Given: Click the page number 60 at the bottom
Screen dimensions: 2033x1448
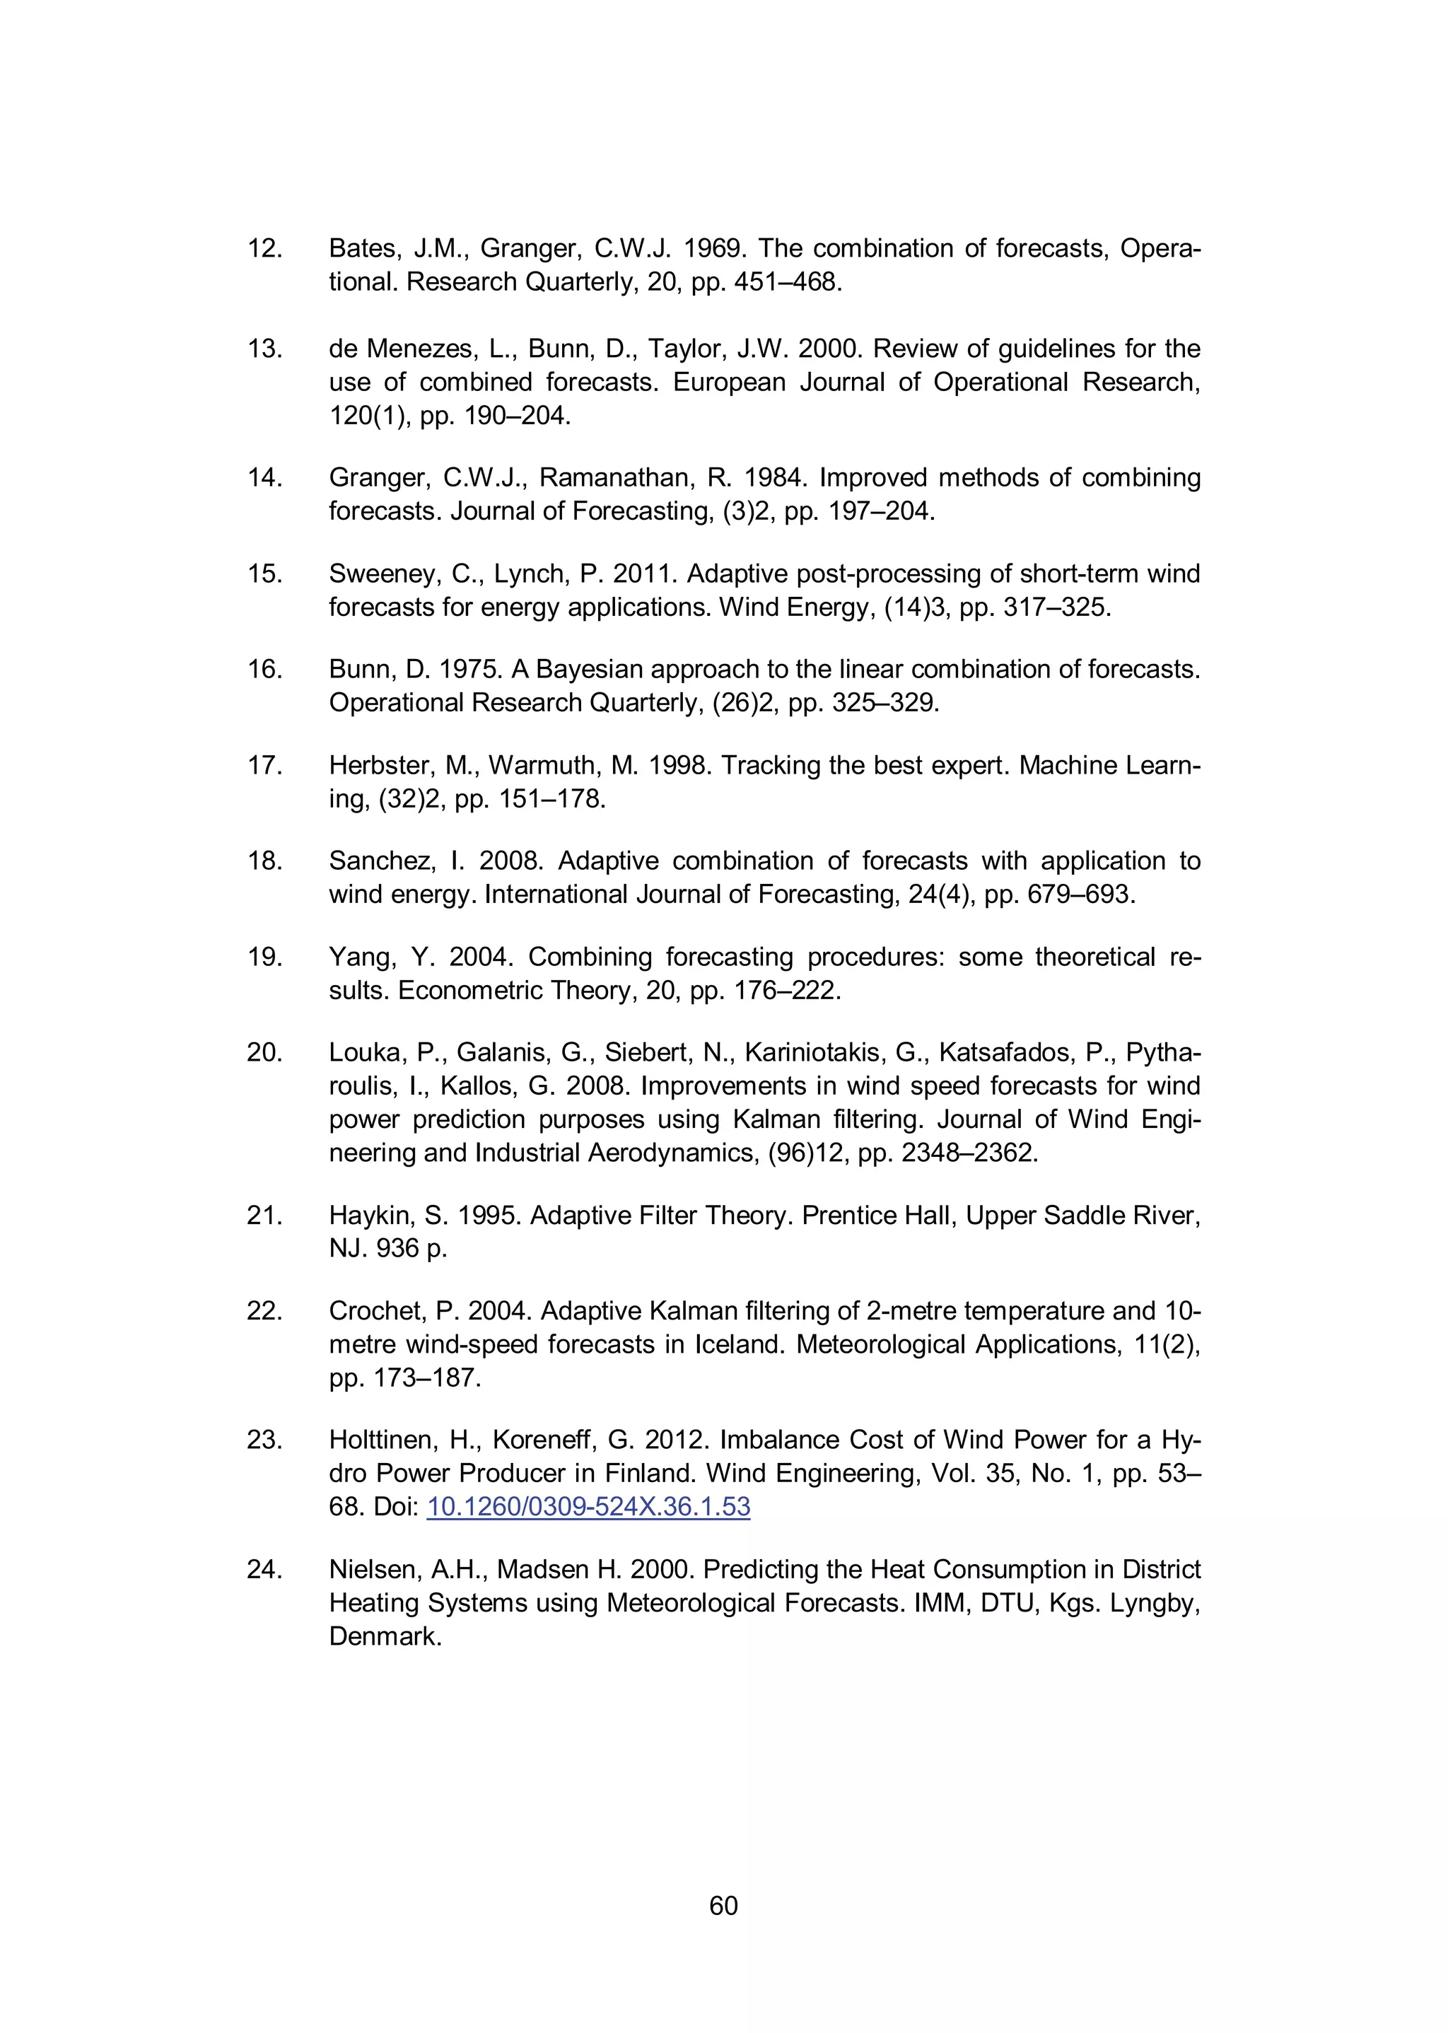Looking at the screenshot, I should [x=723, y=1906].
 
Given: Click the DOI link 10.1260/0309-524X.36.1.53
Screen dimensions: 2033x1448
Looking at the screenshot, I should [x=588, y=1507].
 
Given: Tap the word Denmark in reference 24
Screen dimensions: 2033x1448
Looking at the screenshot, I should [x=385, y=1636].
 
